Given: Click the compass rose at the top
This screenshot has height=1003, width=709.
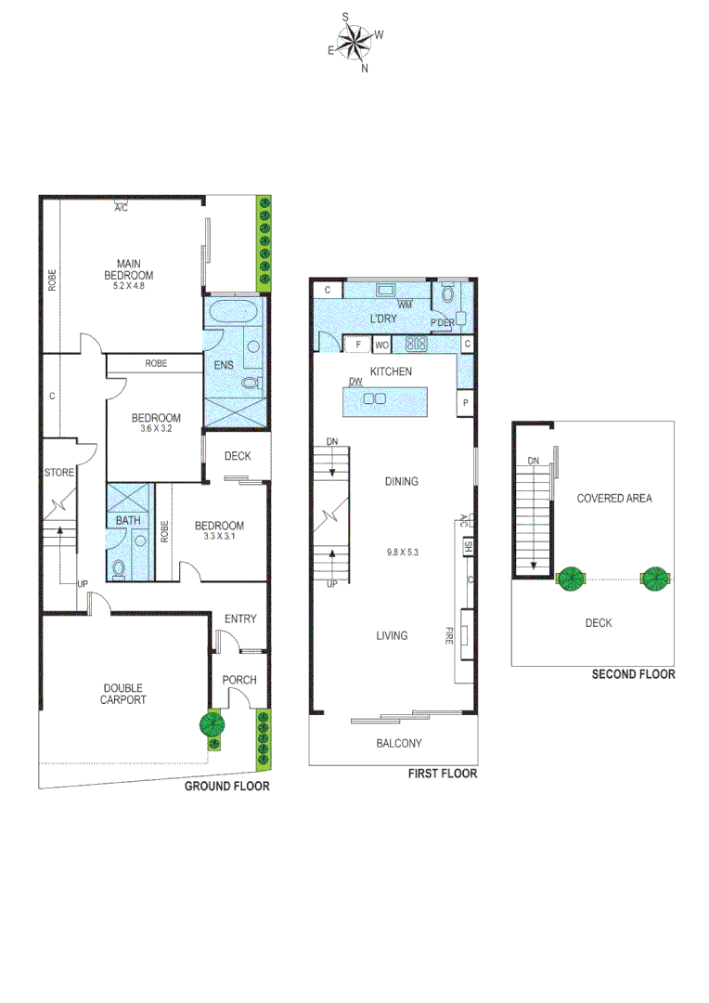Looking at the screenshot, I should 354,42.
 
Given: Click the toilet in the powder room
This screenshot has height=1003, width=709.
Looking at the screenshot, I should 447,296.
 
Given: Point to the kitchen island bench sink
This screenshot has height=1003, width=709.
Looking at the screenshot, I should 374,399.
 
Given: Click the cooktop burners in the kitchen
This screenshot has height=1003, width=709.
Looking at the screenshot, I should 416,345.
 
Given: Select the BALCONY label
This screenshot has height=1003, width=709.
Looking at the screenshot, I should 399,743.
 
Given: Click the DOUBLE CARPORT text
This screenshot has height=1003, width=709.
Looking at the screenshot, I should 123,694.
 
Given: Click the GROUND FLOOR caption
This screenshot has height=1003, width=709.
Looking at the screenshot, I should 226,787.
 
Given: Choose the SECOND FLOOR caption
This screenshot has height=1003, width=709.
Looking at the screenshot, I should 633,674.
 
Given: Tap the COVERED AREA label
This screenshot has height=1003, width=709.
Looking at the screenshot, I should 613,499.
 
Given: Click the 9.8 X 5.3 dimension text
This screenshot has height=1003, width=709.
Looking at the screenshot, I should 403,553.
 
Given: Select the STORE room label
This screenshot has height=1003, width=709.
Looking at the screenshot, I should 59,473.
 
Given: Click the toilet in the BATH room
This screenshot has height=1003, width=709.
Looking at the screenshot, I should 119,567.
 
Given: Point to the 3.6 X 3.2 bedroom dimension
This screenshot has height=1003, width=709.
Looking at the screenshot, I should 155,430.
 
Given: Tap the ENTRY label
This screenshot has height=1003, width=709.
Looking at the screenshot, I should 240,619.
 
